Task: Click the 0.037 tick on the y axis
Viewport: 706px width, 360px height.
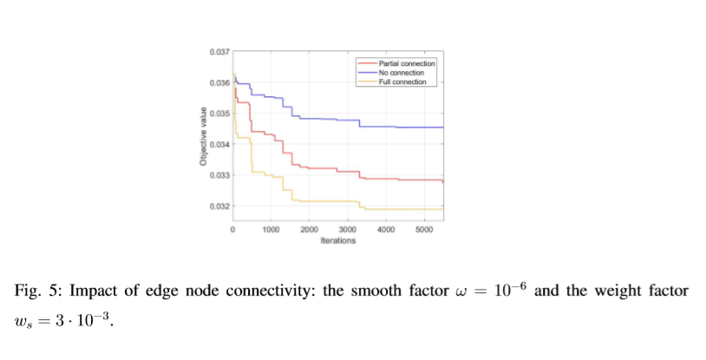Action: click(x=219, y=53)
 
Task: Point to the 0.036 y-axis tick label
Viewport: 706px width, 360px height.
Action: click(x=219, y=83)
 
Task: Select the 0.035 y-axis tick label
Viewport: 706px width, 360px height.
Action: click(x=219, y=114)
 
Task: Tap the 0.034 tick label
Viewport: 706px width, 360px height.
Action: click(x=219, y=144)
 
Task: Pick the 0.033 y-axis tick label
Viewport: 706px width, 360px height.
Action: click(x=219, y=175)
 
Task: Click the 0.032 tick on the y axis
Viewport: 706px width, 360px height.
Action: click(x=219, y=206)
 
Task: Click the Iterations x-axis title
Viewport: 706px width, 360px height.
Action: click(x=337, y=241)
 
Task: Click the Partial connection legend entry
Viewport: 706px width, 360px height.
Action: click(x=407, y=64)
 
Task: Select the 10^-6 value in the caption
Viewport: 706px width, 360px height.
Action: click(x=508, y=289)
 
